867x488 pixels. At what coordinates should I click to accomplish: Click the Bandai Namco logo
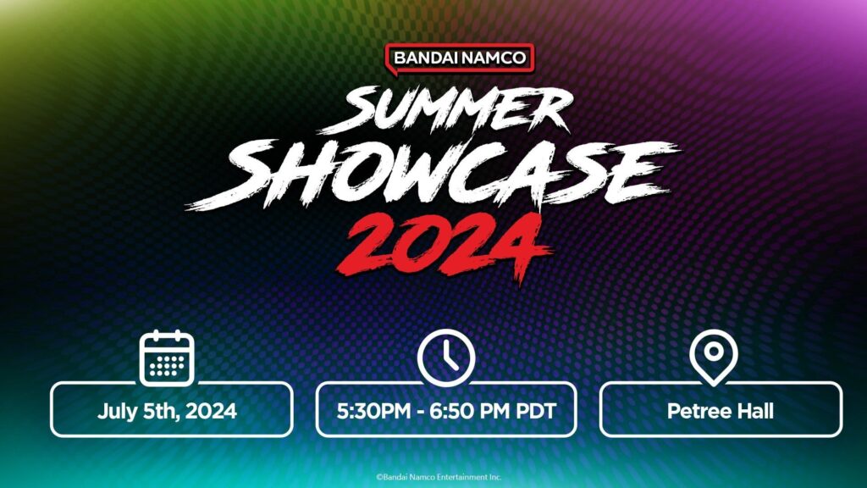pyautogui.click(x=460, y=58)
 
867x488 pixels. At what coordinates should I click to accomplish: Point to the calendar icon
pyautogui.click(x=167, y=358)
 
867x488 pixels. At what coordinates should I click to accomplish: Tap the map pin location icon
pyautogui.click(x=713, y=356)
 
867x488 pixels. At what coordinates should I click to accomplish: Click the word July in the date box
pyautogui.click(x=116, y=412)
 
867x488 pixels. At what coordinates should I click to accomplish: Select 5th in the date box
pyautogui.click(x=160, y=412)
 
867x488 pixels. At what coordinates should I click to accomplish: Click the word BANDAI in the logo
pyautogui.click(x=426, y=58)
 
